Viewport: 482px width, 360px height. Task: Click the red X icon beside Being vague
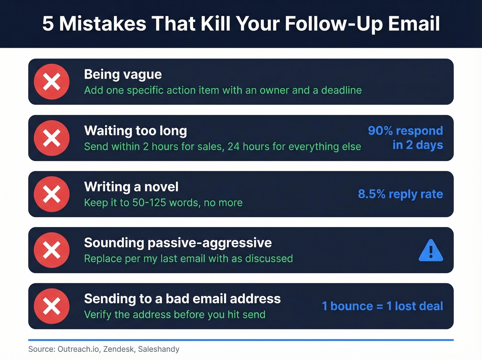point(52,82)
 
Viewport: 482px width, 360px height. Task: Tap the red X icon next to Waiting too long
point(52,138)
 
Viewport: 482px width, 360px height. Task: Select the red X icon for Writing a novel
point(52,194)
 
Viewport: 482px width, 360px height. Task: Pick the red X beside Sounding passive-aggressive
point(52,250)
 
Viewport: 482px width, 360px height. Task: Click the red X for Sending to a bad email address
point(52,306)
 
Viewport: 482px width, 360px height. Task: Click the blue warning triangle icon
point(431,251)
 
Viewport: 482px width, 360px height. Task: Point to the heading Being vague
point(123,74)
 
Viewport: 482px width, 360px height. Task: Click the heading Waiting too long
point(136,131)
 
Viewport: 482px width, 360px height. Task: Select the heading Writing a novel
point(131,187)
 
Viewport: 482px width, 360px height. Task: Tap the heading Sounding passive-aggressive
point(178,243)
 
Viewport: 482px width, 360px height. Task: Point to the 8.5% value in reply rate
point(372,194)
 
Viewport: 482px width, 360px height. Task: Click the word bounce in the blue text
point(352,306)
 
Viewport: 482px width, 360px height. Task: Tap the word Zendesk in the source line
point(119,349)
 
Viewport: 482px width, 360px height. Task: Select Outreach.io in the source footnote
point(78,349)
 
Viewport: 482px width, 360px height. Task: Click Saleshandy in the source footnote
point(159,349)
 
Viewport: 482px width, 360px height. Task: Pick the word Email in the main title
point(414,24)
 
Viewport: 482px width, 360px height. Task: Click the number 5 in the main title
point(48,24)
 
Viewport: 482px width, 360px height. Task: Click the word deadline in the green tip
point(341,90)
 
